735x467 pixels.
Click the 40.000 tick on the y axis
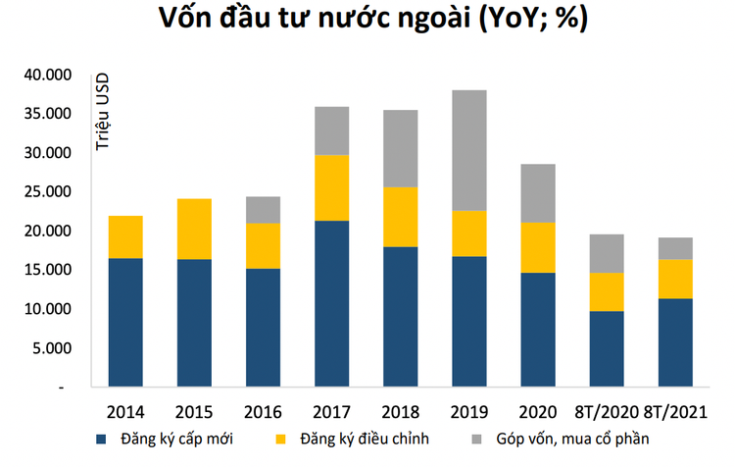tap(47, 76)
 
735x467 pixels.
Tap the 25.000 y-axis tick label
tap(47, 192)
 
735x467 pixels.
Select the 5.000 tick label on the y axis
tap(51, 348)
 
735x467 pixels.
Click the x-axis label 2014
tap(124, 409)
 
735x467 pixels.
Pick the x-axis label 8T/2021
tap(675, 409)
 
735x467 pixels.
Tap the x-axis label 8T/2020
tap(606, 409)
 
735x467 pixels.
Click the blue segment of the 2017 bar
tap(331, 303)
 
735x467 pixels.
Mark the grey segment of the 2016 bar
tap(262, 209)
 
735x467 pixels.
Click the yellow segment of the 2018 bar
tap(400, 217)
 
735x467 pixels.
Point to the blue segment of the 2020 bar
tap(537, 329)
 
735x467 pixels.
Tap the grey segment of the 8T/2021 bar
tap(675, 248)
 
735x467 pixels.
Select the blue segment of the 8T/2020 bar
tap(606, 348)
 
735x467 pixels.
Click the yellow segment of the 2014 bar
tap(124, 236)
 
